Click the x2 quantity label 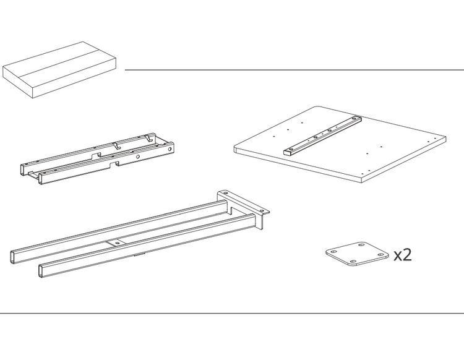[x=403, y=255]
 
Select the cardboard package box [x=59, y=70]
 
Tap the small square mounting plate [x=357, y=254]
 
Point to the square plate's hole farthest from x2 [x=334, y=252]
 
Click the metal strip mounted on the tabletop [x=322, y=135]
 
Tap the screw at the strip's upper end [x=355, y=119]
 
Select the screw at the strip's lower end [x=291, y=149]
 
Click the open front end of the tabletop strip [x=287, y=153]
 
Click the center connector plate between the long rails [x=117, y=243]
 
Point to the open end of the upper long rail [x=13, y=257]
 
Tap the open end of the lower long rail [x=41, y=271]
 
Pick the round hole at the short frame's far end [x=170, y=150]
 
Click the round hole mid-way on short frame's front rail [x=137, y=156]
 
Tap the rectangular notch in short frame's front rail [x=114, y=163]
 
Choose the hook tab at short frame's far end [x=151, y=137]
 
